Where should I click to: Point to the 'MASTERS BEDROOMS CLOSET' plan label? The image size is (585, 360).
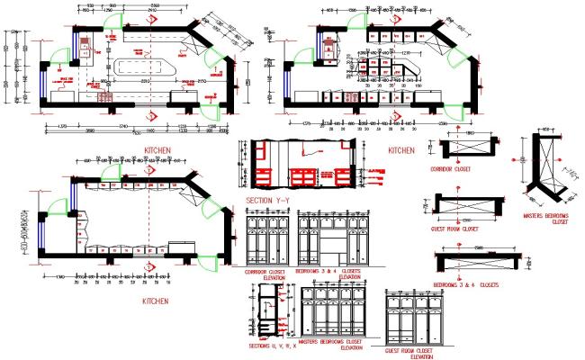tap(545, 220)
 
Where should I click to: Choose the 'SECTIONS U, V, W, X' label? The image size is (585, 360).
tap(269, 346)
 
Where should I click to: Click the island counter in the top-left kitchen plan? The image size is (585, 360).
tap(144, 66)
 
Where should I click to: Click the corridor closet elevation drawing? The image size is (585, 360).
tap(267, 238)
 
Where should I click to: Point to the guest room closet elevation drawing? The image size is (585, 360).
tap(412, 319)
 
